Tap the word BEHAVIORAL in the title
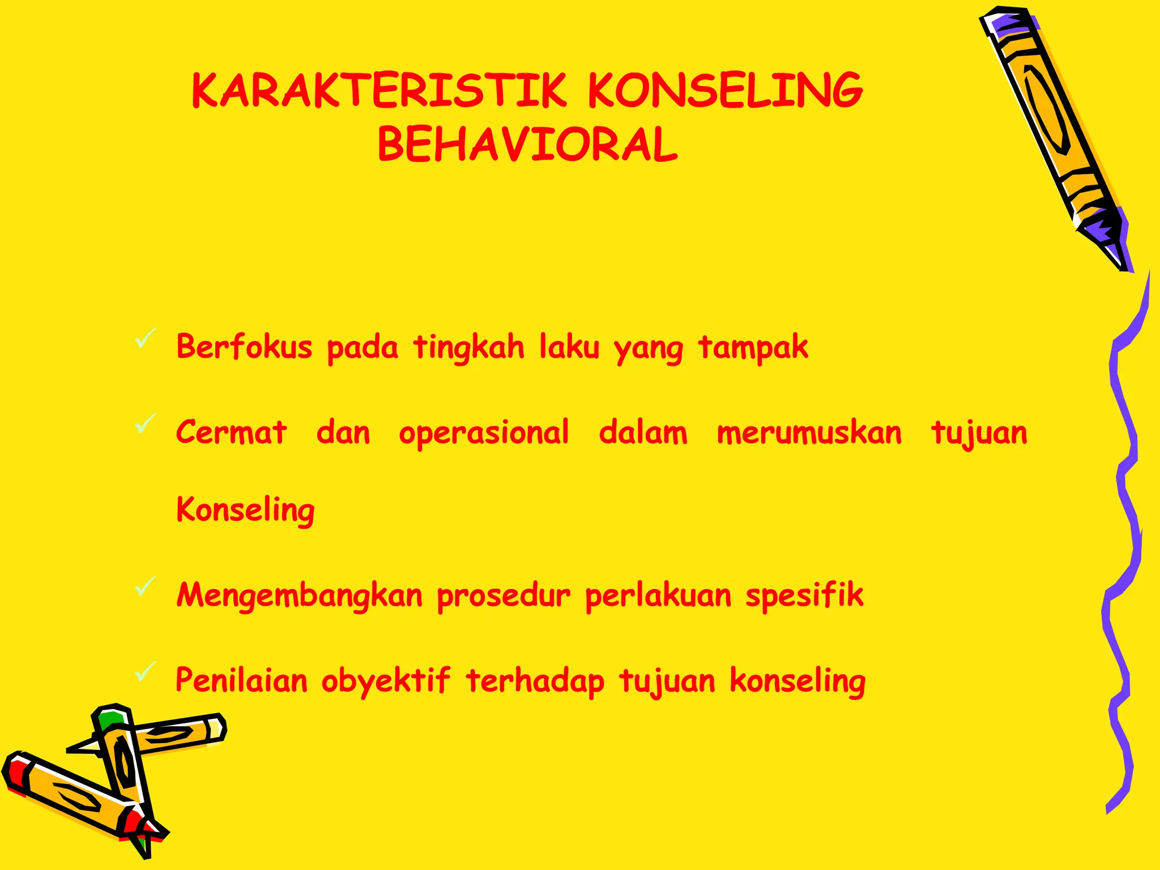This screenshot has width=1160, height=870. tap(527, 145)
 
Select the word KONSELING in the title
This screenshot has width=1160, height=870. tap(725, 91)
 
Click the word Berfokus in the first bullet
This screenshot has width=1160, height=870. tap(244, 347)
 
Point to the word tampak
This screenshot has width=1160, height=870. tap(753, 348)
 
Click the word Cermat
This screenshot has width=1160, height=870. tap(231, 433)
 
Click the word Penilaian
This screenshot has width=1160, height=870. tap(241, 680)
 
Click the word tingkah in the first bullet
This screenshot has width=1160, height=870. tap(468, 348)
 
